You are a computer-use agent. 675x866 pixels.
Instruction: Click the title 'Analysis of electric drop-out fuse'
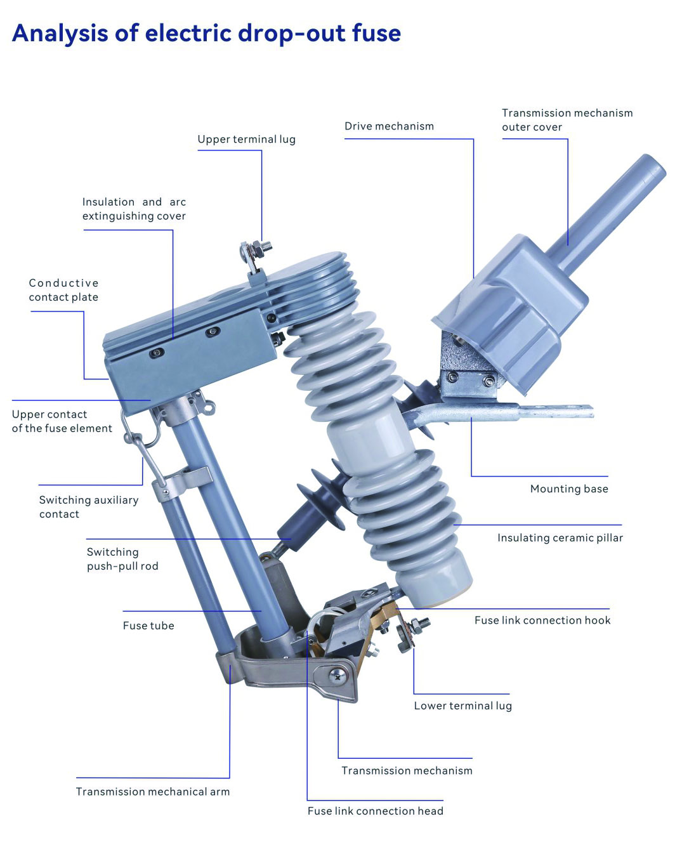[206, 33]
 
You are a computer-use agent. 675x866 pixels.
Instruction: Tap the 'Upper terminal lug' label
[246, 140]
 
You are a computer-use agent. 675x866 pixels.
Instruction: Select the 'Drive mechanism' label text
[389, 126]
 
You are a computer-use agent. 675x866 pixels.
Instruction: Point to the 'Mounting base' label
[569, 489]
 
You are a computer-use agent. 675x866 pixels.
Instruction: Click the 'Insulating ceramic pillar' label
[560, 538]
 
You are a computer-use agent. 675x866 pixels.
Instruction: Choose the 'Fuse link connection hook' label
[542, 620]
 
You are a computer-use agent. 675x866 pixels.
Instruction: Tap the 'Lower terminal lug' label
[462, 705]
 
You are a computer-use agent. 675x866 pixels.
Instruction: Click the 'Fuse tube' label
[148, 626]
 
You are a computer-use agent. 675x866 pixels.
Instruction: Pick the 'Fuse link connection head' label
[375, 811]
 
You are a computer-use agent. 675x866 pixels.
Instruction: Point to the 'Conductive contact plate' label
[63, 290]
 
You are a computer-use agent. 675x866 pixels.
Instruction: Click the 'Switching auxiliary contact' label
[88, 507]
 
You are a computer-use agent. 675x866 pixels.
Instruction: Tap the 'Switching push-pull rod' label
[122, 559]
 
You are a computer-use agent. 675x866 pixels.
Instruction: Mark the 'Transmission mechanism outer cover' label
[567, 120]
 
